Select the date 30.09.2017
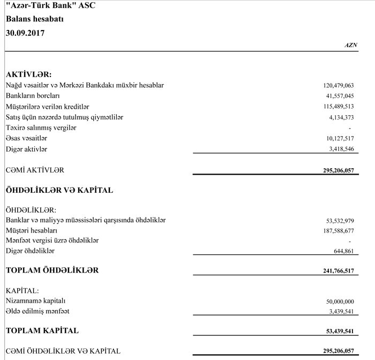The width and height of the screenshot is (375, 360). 25,33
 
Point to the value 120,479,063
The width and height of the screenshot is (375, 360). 339,85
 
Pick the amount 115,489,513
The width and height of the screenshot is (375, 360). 339,107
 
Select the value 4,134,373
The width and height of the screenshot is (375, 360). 341,117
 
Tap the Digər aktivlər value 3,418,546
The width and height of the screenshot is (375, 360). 341,149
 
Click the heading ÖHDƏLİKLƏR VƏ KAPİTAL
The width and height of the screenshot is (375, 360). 59,190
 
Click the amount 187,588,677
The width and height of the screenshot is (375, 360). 339,231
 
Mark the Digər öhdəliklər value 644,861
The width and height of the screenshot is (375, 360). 343,251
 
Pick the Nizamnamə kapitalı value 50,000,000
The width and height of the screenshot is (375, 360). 340,302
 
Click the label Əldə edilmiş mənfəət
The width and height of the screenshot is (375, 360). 37,311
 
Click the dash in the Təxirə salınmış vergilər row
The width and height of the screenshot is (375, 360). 349,128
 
